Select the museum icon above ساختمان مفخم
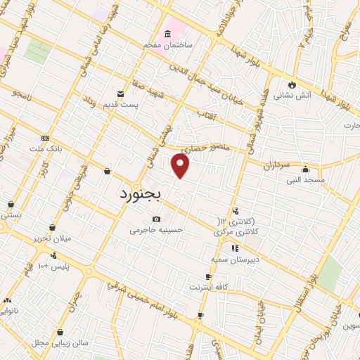click(x=167, y=34)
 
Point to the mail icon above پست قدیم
click(x=120, y=94)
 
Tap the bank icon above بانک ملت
click(x=45, y=138)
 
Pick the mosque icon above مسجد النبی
click(x=305, y=169)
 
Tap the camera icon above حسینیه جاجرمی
click(x=155, y=219)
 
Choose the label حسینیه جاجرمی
click(x=155, y=229)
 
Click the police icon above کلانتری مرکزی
click(x=236, y=210)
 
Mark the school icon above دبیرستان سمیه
click(x=235, y=247)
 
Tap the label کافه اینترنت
click(x=210, y=287)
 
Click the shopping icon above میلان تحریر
click(x=52, y=227)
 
